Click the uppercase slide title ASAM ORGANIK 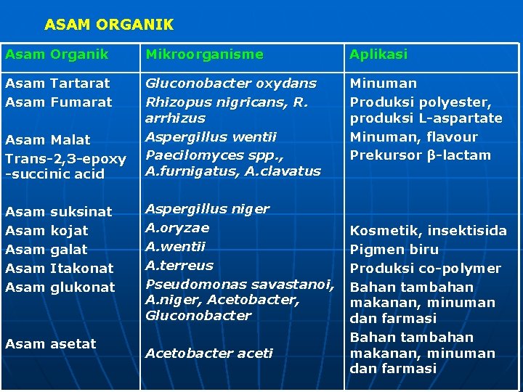109,25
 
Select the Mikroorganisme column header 204,54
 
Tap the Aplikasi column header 378,54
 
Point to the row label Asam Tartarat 57,83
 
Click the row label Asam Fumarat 58,102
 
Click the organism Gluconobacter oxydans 231,83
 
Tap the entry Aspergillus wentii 201,136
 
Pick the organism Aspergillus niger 207,209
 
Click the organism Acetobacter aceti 209,354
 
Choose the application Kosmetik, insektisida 429,231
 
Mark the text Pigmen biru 394,250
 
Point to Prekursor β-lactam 421,155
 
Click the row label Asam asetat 50,344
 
